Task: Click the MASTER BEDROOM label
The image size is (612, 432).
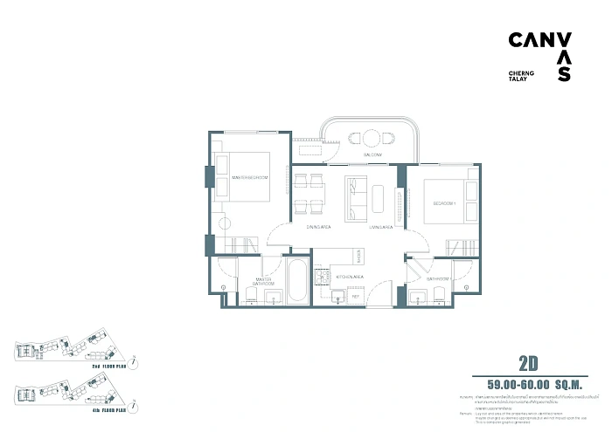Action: coord(250,178)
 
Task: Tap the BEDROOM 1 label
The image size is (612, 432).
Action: coord(445,204)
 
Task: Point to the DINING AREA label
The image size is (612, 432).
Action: coord(317,227)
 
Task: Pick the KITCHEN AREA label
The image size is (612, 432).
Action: coord(350,276)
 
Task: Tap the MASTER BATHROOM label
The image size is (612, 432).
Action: coord(264,282)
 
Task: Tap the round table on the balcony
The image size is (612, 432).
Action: coord(371,137)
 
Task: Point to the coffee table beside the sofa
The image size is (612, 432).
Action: coord(378,197)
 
